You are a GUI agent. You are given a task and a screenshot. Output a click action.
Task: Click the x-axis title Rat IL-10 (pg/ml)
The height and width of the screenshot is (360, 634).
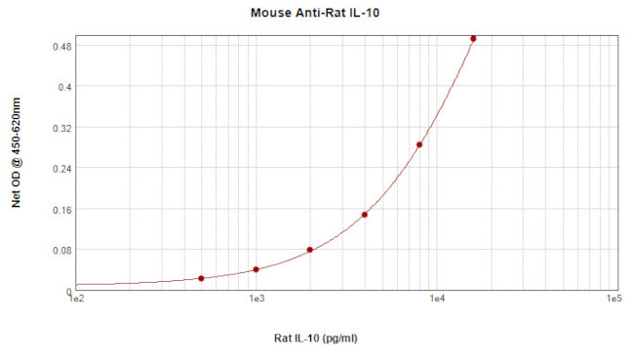[317, 339]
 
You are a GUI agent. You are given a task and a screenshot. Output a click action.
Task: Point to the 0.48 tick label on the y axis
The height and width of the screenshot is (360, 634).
[60, 46]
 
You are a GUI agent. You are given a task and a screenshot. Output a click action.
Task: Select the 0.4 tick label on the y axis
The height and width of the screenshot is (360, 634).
[63, 87]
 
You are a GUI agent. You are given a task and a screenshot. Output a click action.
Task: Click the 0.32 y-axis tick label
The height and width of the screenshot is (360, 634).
[60, 128]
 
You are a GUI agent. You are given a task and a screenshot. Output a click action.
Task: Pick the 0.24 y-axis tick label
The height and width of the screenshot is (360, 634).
[60, 169]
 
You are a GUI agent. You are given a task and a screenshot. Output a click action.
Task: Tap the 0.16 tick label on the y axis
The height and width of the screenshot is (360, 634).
[60, 210]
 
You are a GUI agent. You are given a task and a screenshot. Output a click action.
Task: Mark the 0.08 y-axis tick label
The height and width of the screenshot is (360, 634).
[60, 251]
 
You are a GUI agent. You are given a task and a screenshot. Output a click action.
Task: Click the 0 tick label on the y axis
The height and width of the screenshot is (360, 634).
[69, 291]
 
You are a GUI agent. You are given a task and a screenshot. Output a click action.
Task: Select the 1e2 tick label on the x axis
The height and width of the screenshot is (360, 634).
[77, 299]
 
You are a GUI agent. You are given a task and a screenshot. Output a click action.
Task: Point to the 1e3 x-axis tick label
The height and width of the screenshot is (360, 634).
[257, 299]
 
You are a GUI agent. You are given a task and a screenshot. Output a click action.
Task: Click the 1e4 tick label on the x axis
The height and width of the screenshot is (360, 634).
[435, 299]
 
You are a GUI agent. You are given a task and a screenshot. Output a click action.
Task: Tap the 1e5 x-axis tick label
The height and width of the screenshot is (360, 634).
[614, 299]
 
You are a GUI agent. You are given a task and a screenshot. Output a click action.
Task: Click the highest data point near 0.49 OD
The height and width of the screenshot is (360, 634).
[473, 39]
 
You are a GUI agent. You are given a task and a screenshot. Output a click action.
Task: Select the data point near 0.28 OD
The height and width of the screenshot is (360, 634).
[419, 144]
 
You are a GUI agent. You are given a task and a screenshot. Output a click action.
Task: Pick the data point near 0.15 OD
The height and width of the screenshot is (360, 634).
[364, 215]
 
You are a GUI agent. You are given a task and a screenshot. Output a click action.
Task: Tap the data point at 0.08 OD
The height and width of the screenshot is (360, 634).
[310, 250]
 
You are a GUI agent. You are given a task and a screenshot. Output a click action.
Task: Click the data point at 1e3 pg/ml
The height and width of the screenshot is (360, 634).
[256, 269]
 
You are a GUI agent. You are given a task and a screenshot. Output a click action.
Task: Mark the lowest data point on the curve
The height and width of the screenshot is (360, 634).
[201, 278]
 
